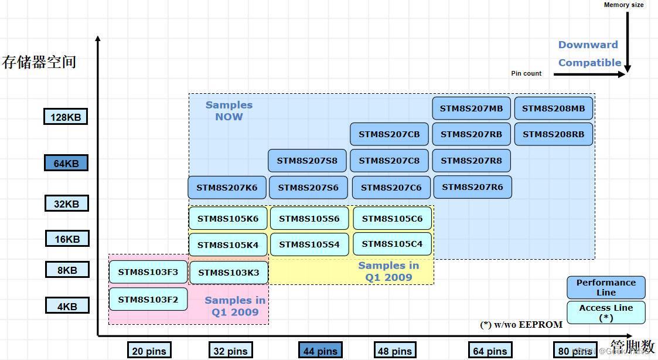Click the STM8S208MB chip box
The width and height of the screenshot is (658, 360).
click(553, 108)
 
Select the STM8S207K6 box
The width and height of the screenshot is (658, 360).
click(227, 188)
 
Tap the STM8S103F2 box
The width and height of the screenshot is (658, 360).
click(148, 299)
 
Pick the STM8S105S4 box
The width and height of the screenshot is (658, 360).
click(309, 244)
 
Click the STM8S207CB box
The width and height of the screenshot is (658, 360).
click(389, 134)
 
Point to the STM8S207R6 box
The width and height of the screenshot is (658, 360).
click(472, 187)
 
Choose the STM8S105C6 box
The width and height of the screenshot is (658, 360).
click(392, 219)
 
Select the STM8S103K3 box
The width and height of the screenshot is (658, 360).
click(229, 273)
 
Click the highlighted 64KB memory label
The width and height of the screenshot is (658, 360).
click(66, 163)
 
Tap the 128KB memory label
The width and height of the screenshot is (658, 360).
click(66, 117)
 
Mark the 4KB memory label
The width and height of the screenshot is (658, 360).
click(67, 305)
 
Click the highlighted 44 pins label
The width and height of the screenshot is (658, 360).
click(320, 351)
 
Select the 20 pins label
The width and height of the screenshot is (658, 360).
click(149, 351)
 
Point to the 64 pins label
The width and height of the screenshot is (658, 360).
click(490, 351)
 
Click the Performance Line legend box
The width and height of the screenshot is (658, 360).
click(606, 287)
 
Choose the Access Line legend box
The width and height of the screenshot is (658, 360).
click(606, 313)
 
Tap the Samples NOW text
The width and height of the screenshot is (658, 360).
click(229, 111)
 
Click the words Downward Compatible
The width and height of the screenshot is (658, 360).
click(589, 54)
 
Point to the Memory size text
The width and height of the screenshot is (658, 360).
click(623, 5)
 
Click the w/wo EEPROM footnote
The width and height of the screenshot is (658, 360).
click(521, 324)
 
